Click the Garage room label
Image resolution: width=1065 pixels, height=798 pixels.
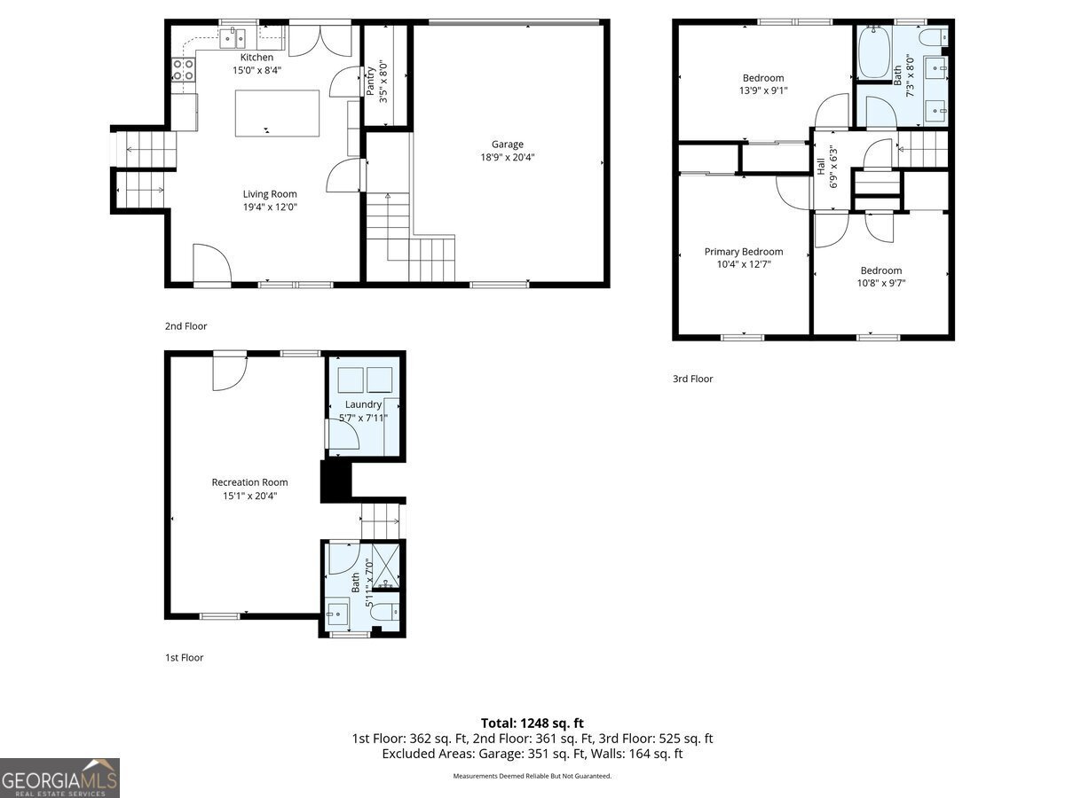(x=507, y=144)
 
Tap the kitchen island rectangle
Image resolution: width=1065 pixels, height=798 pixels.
(x=277, y=113)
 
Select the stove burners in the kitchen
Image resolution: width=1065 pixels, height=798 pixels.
(x=184, y=70)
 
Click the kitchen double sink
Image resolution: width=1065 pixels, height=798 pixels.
(x=233, y=38)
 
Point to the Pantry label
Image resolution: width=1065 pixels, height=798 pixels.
(x=370, y=81)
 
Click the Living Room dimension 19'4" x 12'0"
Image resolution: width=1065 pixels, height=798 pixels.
(x=270, y=207)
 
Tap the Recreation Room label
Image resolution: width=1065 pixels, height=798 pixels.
(x=250, y=482)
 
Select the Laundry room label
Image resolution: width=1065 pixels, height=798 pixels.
(x=363, y=404)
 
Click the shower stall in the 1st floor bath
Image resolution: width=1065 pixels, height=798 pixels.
(x=386, y=565)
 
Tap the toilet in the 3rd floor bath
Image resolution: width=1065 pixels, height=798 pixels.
(x=934, y=36)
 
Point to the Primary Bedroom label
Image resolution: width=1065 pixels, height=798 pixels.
(x=744, y=252)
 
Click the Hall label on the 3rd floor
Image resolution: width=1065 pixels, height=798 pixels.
(x=820, y=166)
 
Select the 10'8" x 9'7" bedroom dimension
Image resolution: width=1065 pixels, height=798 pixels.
(x=881, y=283)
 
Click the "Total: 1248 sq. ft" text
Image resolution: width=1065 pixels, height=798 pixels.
(x=532, y=723)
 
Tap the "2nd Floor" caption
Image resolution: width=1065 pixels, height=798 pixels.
(x=185, y=326)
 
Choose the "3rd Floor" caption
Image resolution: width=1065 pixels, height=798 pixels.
(x=693, y=379)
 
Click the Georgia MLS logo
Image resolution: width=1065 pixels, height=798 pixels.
(x=59, y=778)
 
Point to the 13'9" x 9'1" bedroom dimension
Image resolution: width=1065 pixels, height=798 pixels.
(x=763, y=90)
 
